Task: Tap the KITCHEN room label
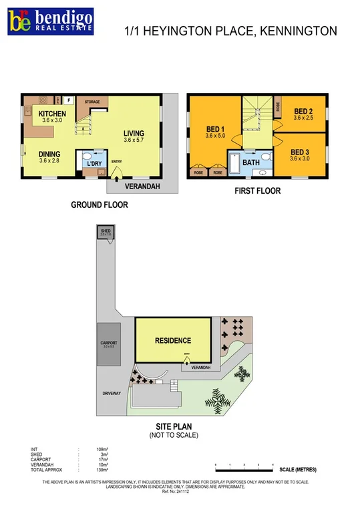pyautogui.click(x=52, y=114)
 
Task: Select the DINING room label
pyautogui.click(x=49, y=153)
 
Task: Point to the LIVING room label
pyautogui.click(x=134, y=133)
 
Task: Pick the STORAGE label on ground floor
pyautogui.click(x=92, y=102)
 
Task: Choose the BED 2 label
pyautogui.click(x=303, y=111)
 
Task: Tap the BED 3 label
pyautogui.click(x=300, y=152)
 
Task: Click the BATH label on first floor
pyautogui.click(x=251, y=162)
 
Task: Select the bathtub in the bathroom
pyautogui.click(x=236, y=162)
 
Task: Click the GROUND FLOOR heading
pyautogui.click(x=100, y=205)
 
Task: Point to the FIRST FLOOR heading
pyautogui.click(x=257, y=191)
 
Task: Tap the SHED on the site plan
pyautogui.click(x=105, y=234)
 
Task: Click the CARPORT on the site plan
pyautogui.click(x=108, y=344)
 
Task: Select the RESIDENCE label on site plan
pyautogui.click(x=174, y=340)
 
